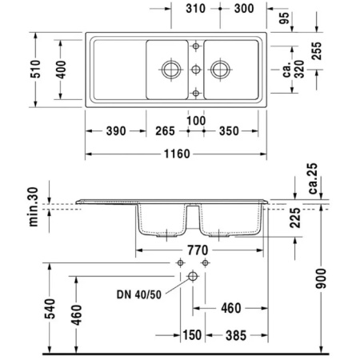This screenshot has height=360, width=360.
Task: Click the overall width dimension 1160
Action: tap(174, 154)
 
